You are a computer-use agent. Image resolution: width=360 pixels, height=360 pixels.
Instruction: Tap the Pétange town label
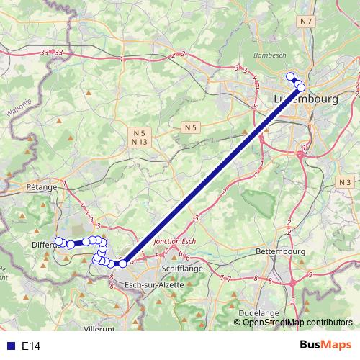coord(42,187)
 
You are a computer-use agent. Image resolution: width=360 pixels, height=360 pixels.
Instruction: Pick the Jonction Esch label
coord(175,242)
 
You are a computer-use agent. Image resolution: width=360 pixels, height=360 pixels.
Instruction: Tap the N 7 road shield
coord(307,22)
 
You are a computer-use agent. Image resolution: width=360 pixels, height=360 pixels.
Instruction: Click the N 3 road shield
coord(344,183)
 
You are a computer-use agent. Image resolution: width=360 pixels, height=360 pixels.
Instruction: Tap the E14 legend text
coord(31,346)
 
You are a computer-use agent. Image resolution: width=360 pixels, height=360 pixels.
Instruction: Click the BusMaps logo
coord(326,346)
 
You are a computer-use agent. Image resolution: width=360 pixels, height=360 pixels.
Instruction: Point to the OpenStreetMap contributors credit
coord(297,323)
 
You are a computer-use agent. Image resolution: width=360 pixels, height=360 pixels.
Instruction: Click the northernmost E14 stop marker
coord(290,76)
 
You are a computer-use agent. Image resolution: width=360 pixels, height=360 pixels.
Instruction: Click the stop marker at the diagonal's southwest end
coord(122,264)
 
